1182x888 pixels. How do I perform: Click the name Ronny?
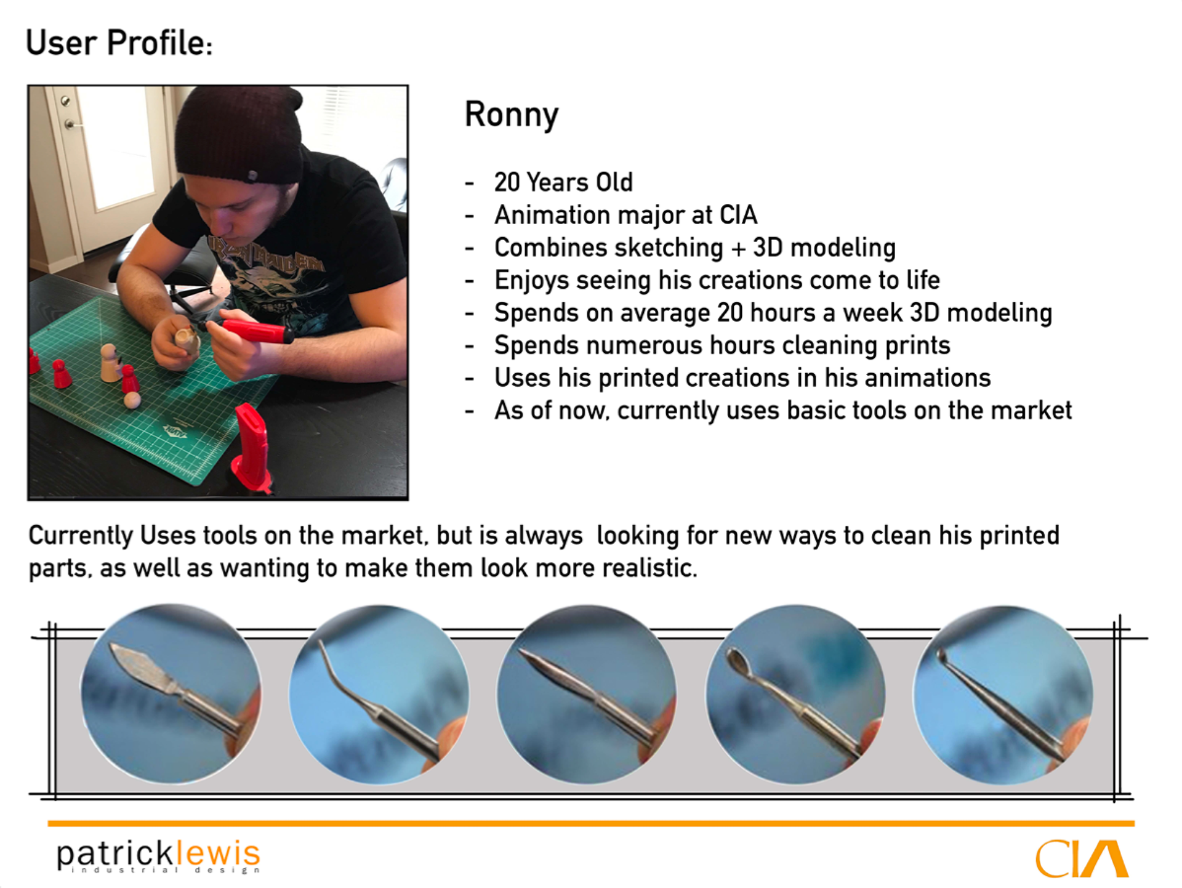pos(512,115)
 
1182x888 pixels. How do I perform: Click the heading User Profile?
pos(119,43)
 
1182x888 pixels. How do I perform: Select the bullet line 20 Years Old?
pos(563,182)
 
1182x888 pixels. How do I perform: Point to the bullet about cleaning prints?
pos(722,345)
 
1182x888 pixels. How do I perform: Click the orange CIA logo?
pos(1081,858)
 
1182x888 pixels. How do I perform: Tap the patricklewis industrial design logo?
pos(159,855)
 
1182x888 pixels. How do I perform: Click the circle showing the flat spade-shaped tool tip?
pos(171,694)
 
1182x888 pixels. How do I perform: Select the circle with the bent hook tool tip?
pos(379,694)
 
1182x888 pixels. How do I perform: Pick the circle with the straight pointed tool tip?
pos(587,694)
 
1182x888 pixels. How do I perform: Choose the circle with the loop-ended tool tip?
pos(795,694)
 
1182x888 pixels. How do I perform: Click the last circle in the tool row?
pos(1003,694)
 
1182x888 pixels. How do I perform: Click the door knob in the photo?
pos(70,124)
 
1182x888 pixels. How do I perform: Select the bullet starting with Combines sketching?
pos(695,248)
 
